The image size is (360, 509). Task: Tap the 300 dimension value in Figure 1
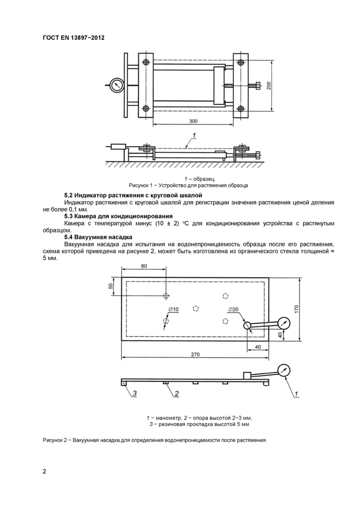[x=193, y=121]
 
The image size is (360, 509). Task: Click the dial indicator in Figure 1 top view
[x=117, y=84]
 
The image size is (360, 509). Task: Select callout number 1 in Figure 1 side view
[x=194, y=136]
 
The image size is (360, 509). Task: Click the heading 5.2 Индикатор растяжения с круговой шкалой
[x=133, y=196]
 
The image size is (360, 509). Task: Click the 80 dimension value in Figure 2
[x=143, y=266]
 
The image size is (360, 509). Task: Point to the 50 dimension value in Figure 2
[x=111, y=286]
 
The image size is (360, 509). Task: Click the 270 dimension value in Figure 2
[x=195, y=354]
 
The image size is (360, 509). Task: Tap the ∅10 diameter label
[x=173, y=309]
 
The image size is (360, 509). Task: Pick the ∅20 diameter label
[x=232, y=309]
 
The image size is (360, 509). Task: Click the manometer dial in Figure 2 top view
[x=284, y=323]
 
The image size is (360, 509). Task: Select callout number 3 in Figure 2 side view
[x=134, y=394]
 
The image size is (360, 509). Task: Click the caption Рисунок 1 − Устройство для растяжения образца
[x=188, y=185]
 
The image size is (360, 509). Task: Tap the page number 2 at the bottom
[x=45, y=471]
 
